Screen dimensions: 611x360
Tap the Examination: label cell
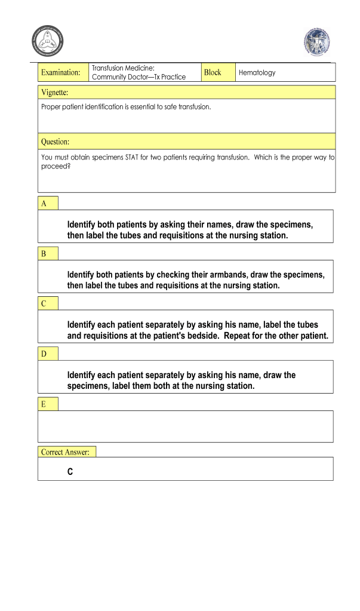(x=60, y=72)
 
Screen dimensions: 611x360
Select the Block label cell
(x=213, y=72)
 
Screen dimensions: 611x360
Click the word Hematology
(x=257, y=73)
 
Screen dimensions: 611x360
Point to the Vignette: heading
(x=54, y=92)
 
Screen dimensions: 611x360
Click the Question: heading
(x=55, y=142)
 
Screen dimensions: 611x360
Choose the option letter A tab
(x=44, y=204)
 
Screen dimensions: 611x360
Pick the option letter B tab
(x=44, y=254)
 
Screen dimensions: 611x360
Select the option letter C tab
(x=44, y=304)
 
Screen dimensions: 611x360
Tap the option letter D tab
(x=44, y=354)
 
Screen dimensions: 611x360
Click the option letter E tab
(x=44, y=404)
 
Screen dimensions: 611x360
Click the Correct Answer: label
(x=66, y=452)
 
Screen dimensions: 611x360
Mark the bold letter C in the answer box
(x=70, y=472)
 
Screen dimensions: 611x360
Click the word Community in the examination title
(x=108, y=77)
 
